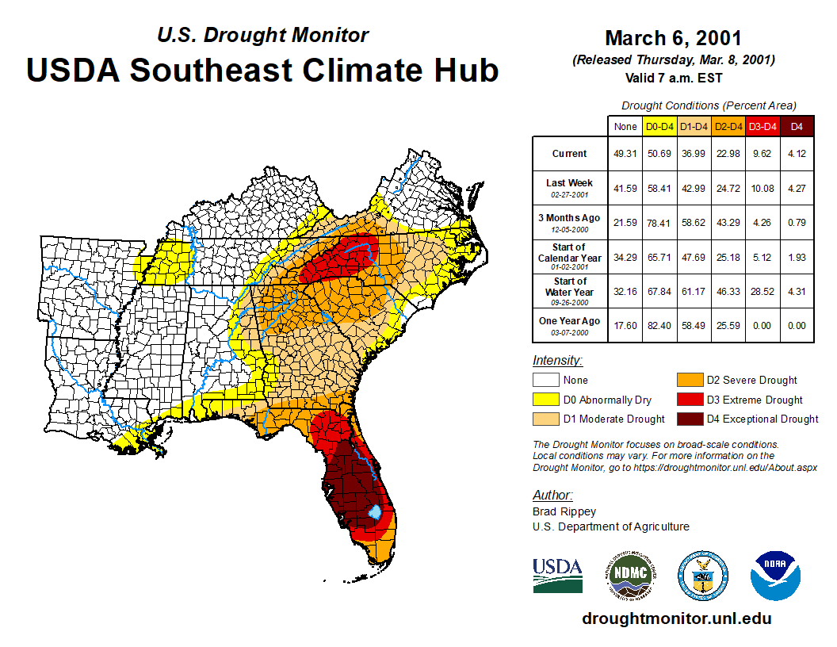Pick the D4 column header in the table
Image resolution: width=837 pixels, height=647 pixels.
pyautogui.click(x=797, y=127)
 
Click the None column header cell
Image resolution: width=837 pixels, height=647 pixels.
pyautogui.click(x=625, y=127)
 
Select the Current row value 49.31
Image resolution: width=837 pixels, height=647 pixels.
pyautogui.click(x=625, y=154)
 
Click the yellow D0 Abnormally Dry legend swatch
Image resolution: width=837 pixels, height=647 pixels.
pyautogui.click(x=545, y=400)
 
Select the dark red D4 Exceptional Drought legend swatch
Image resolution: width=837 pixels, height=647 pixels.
pyautogui.click(x=689, y=419)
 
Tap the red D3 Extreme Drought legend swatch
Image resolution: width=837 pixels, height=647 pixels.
pyautogui.click(x=689, y=400)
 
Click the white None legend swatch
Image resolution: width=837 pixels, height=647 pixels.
pyautogui.click(x=545, y=381)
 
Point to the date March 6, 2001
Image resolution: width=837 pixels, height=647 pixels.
pyautogui.click(x=673, y=38)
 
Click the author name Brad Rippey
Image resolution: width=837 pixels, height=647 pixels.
pyautogui.click(x=564, y=511)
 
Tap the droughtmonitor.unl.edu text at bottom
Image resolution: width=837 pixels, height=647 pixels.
pyautogui.click(x=676, y=618)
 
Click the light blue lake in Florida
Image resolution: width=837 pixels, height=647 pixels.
pyautogui.click(x=376, y=513)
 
